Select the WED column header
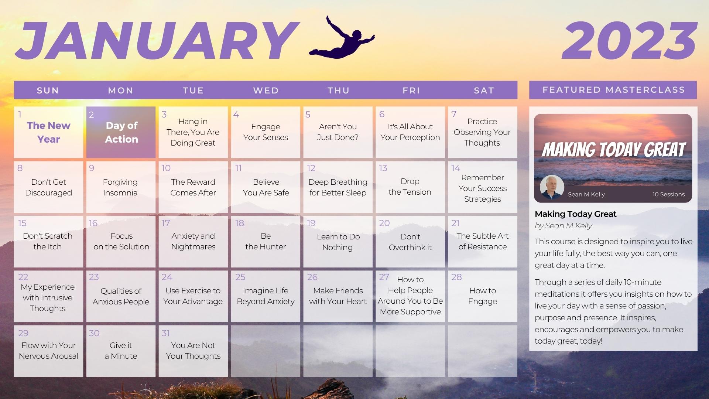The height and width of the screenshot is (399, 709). tap(266, 91)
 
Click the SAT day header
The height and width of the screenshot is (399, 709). tap(484, 91)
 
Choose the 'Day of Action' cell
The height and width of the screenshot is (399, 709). tap(121, 132)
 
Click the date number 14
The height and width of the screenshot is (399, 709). tap(456, 168)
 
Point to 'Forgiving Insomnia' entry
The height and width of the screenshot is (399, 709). tap(120, 187)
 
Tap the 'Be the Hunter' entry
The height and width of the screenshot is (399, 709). tap(266, 241)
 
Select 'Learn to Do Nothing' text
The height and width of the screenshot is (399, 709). tap(338, 242)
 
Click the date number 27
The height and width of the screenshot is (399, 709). tap(384, 277)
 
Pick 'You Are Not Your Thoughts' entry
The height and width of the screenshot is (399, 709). tap(193, 351)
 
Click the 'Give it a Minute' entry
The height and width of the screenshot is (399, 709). tap(121, 351)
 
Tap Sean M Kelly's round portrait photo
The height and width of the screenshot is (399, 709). tap(552, 187)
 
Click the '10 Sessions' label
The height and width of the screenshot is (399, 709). tap(668, 194)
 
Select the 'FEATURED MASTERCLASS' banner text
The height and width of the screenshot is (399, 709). tap(614, 90)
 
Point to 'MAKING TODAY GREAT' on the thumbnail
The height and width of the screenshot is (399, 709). tap(613, 150)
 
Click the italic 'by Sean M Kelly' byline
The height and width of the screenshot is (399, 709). tap(563, 226)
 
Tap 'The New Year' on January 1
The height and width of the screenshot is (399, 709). tap(48, 132)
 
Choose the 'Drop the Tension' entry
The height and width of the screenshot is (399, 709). tap(410, 187)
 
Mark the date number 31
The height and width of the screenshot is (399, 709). tap(166, 333)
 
